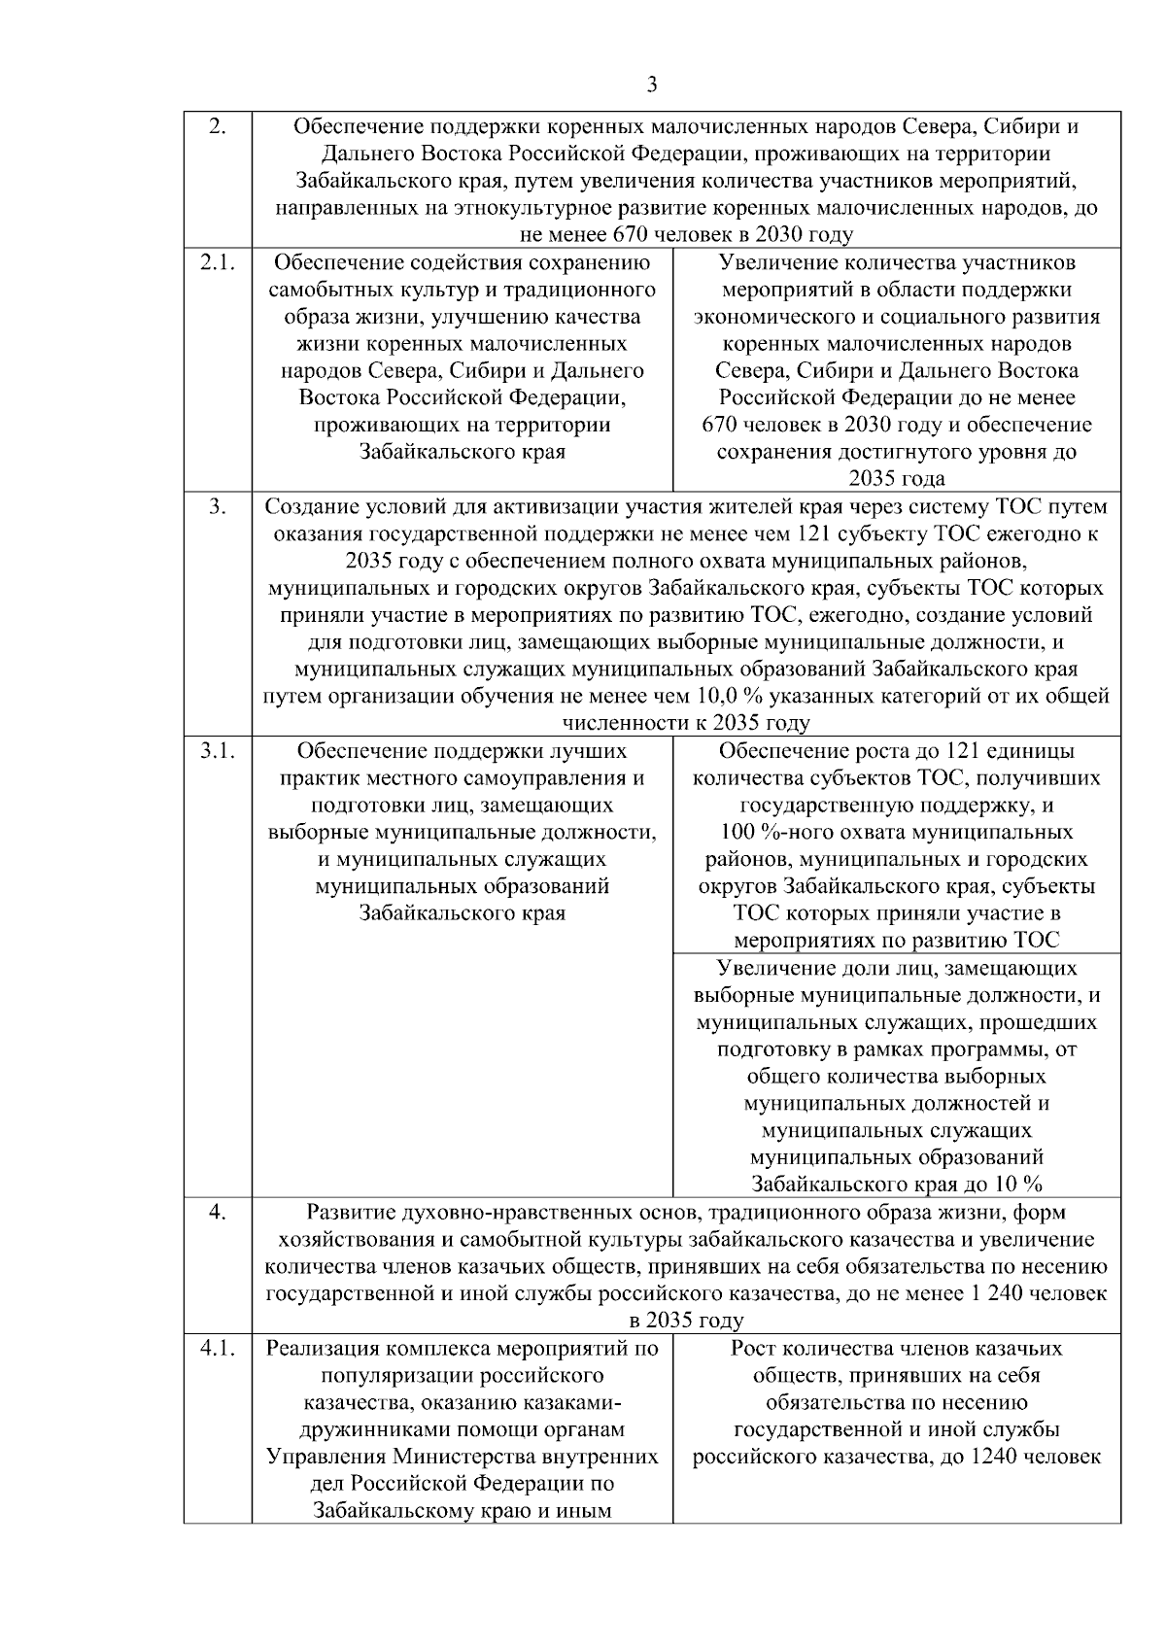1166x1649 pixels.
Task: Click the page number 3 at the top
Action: pos(652,85)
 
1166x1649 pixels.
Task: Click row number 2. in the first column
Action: pos(218,127)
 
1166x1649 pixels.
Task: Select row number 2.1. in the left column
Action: pos(218,263)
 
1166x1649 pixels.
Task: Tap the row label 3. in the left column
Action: pos(218,507)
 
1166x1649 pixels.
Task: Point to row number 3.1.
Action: pos(218,751)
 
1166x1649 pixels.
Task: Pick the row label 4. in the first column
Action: pos(218,1213)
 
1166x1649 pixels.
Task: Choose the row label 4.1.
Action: pos(218,1349)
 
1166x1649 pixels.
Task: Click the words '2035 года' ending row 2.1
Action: pos(897,479)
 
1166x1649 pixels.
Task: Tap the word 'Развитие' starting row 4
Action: pos(345,1213)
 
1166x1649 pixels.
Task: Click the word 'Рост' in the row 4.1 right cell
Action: pos(753,1349)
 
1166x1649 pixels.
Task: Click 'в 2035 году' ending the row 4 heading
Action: pos(686,1322)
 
